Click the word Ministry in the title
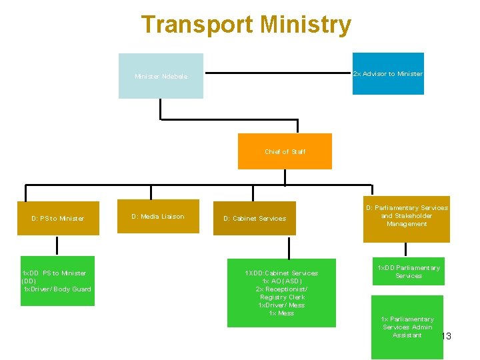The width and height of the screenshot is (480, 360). coord(305,25)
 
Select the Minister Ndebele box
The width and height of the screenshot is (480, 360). coord(161,76)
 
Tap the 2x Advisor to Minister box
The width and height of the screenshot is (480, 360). coord(387,73)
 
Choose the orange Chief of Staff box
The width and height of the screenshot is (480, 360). coord(285,151)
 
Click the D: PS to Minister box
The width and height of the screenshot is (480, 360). coord(57,218)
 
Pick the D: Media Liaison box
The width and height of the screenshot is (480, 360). coord(158,216)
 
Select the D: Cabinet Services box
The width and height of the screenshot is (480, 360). coord(254,218)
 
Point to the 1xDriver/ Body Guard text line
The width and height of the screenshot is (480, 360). coord(57,289)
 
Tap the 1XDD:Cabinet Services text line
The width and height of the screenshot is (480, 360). coord(281,273)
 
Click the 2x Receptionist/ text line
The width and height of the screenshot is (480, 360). coord(281,289)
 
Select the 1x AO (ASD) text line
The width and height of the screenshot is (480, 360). coord(281,281)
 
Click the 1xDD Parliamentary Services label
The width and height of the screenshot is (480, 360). coord(408,271)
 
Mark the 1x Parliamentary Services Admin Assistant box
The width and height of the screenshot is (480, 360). coord(407,327)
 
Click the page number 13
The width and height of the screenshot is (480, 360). coord(446,336)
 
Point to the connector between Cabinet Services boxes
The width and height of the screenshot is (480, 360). coord(288,247)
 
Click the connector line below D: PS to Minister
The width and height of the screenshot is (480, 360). coord(57,245)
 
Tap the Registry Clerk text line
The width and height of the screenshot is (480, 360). coord(282,297)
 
